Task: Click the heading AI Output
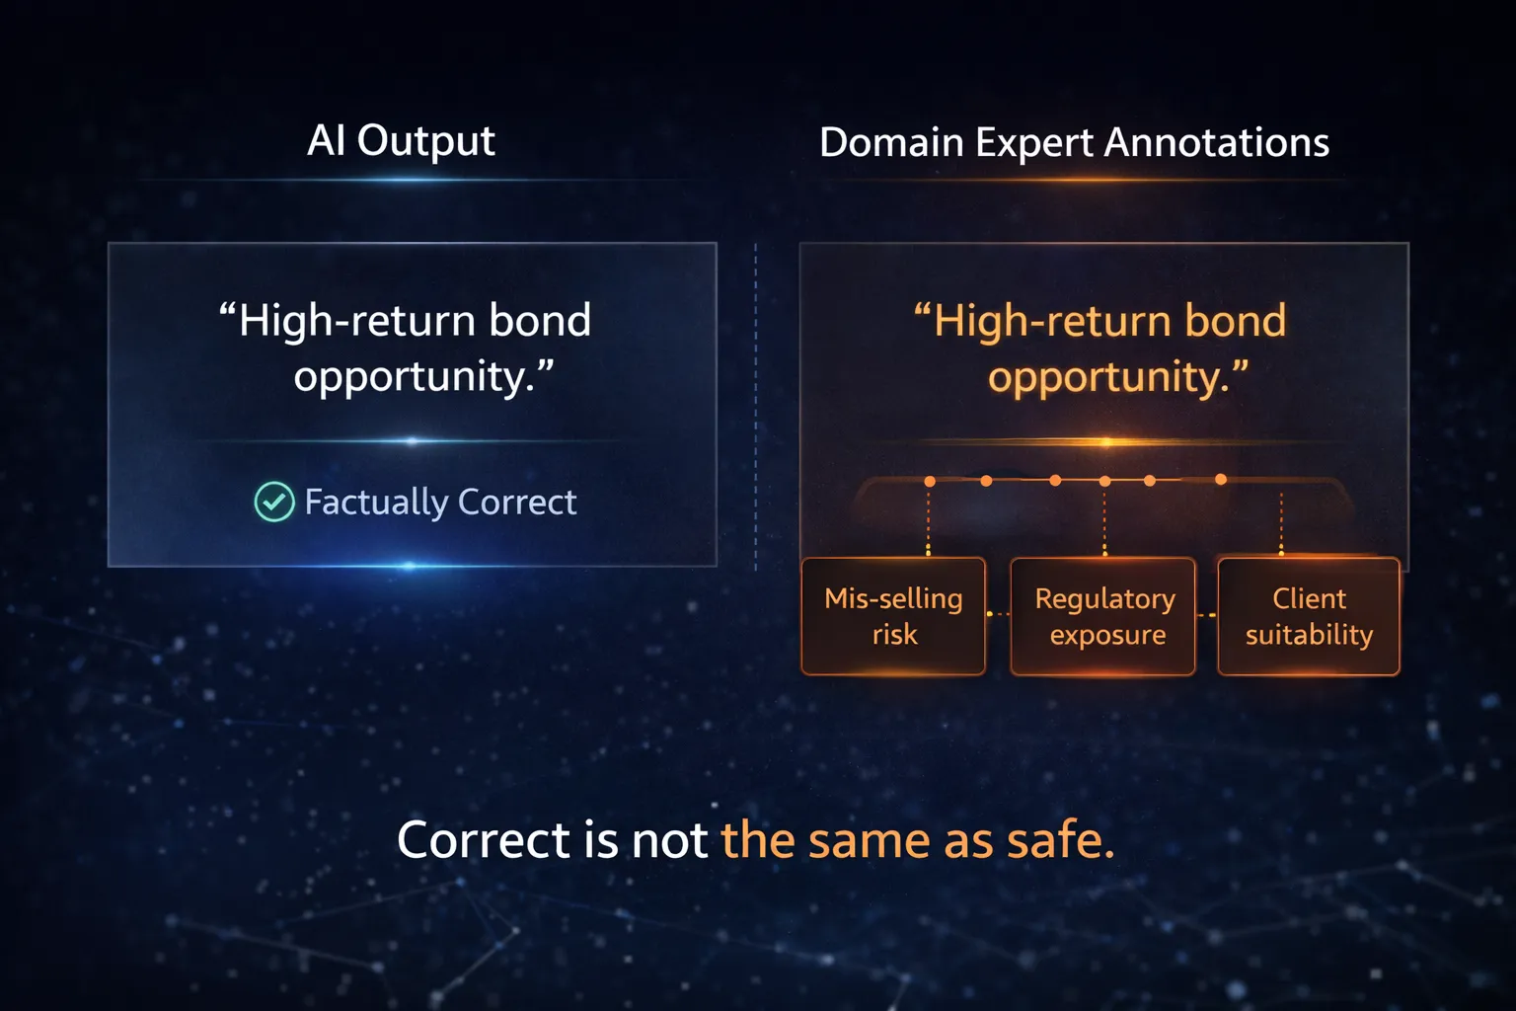pyautogui.click(x=401, y=141)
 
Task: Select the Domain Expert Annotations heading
pyautogui.click(x=1074, y=143)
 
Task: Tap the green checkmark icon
pyautogui.click(x=274, y=502)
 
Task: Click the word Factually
pyautogui.click(x=376, y=503)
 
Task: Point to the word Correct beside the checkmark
pyautogui.click(x=517, y=502)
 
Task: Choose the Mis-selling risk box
pyautogui.click(x=893, y=616)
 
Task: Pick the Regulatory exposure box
pyautogui.click(x=1103, y=616)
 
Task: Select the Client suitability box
pyautogui.click(x=1309, y=616)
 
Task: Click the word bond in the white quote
pyautogui.click(x=540, y=321)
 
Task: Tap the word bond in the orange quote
pyautogui.click(x=1235, y=321)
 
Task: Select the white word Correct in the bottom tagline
pyautogui.click(x=484, y=840)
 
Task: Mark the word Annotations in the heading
pyautogui.click(x=1217, y=143)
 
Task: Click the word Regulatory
pyautogui.click(x=1104, y=598)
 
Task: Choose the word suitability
pyautogui.click(x=1309, y=634)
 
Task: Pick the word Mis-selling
pyautogui.click(x=893, y=598)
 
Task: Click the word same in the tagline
pyautogui.click(x=870, y=840)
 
